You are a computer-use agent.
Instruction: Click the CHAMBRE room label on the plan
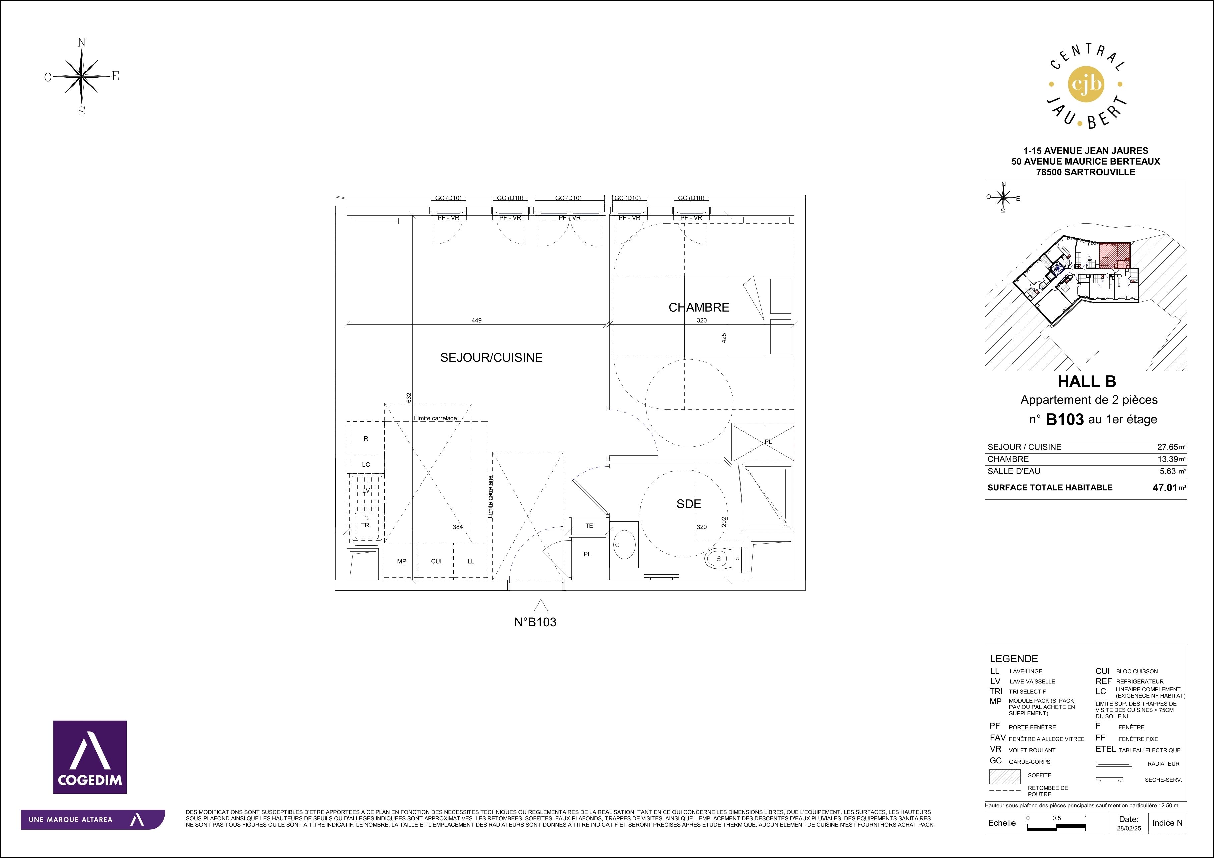tap(699, 307)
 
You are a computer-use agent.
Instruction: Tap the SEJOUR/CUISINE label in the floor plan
tap(491, 357)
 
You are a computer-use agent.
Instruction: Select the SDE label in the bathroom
tap(689, 504)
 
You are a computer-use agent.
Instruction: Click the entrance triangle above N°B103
tap(540, 605)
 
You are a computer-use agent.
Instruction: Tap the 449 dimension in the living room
tap(476, 320)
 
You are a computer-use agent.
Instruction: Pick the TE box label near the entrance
tap(589, 526)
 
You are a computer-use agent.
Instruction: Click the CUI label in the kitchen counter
tap(436, 561)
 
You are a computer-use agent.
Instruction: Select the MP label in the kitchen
tap(402, 561)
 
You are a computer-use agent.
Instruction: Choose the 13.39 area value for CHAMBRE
tap(1168, 459)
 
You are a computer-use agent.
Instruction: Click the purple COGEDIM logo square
tap(90, 757)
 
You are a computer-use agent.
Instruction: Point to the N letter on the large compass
tap(82, 43)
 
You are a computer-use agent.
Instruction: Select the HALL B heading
tap(1087, 381)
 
